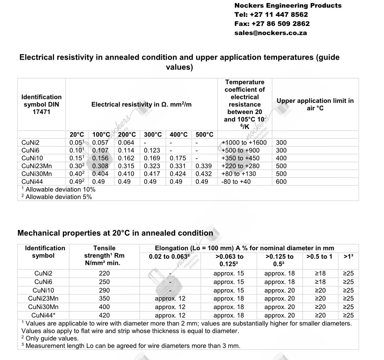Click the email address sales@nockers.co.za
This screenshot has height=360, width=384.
click(270, 33)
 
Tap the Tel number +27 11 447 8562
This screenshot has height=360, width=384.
click(271, 14)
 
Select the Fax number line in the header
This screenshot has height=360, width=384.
click(272, 24)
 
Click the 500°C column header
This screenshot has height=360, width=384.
click(204, 135)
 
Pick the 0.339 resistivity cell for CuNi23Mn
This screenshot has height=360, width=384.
click(204, 166)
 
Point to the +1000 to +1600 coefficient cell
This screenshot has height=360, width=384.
click(244, 143)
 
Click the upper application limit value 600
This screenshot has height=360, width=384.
click(281, 181)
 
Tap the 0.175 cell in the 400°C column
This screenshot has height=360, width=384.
click(178, 158)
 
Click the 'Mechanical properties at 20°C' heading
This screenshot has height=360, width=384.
click(115, 233)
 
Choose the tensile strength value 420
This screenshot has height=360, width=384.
click(104, 315)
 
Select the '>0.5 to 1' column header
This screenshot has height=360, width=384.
click(319, 256)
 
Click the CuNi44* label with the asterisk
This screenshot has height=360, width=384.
click(43, 315)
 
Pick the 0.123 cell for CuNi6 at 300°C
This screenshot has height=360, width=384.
click(152, 150)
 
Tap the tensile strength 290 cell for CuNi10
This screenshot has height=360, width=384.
click(104, 290)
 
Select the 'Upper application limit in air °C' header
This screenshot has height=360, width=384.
click(315, 105)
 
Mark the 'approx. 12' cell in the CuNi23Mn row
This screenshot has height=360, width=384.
click(170, 298)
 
